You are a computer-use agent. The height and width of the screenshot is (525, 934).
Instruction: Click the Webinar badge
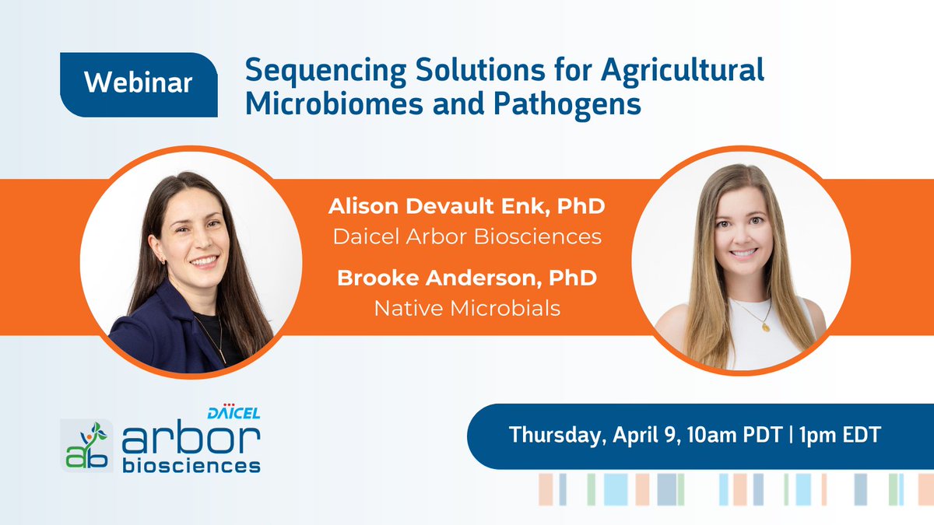click(139, 84)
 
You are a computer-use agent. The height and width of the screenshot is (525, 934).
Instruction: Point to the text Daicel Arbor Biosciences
click(467, 236)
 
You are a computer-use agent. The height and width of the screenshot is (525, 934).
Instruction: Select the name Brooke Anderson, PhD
click(467, 278)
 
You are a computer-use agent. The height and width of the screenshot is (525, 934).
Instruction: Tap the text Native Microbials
click(467, 308)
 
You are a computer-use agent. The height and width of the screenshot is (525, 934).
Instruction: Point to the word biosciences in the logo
click(191, 466)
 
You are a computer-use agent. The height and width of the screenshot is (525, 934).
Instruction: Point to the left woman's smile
click(204, 262)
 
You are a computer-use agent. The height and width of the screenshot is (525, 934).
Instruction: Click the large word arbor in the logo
click(191, 440)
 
